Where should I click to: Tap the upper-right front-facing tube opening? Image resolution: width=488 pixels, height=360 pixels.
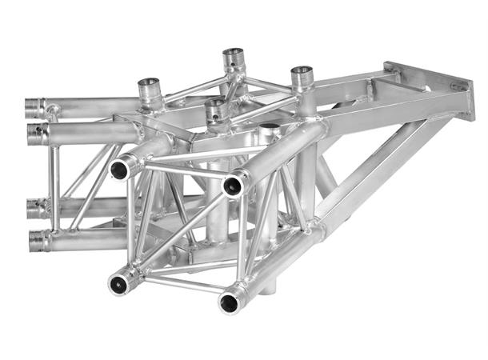234,186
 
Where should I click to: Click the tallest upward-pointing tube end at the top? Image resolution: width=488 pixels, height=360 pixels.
234,57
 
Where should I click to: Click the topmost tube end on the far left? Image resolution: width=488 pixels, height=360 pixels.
34,106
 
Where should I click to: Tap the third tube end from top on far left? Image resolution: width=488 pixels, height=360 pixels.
34,210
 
